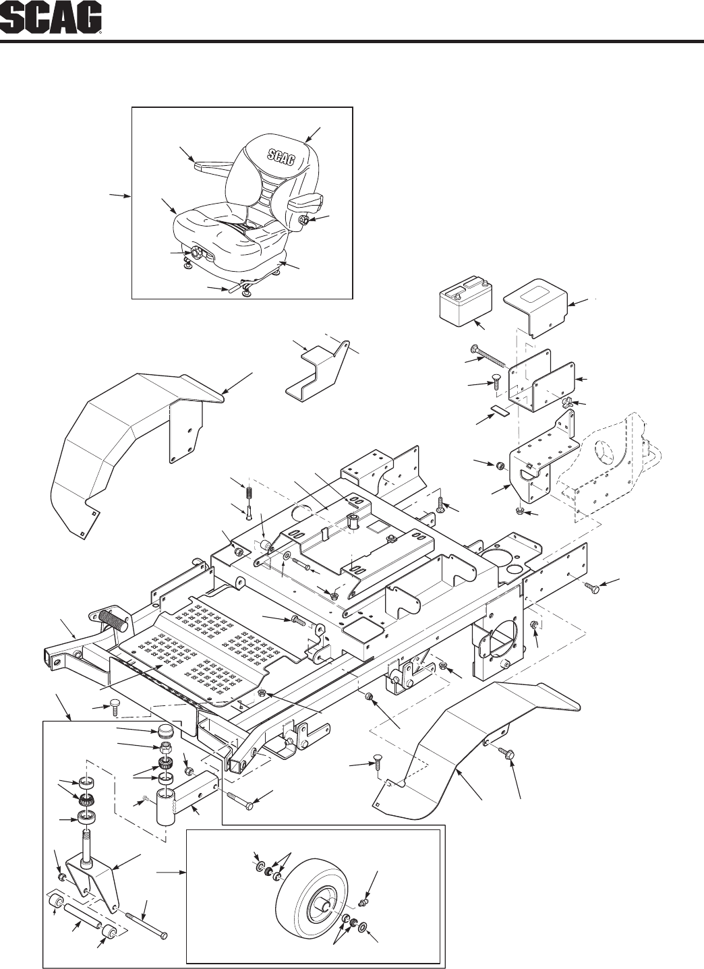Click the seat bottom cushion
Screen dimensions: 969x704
216,229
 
